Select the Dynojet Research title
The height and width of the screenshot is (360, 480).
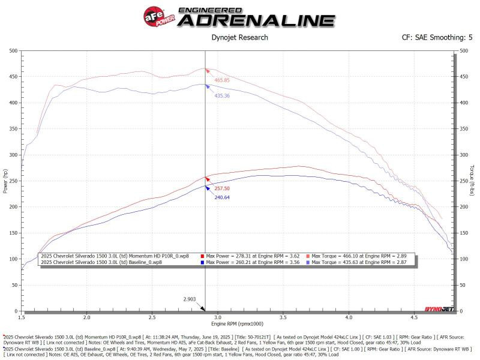pyautogui.click(x=239, y=37)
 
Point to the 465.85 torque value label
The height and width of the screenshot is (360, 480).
pyautogui.click(x=222, y=80)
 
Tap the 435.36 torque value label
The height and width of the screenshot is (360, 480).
pyautogui.click(x=222, y=96)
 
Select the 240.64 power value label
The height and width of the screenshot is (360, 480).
pyautogui.click(x=222, y=197)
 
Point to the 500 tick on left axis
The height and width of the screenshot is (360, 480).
pyautogui.click(x=12, y=50)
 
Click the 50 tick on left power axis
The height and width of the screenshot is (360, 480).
pyautogui.click(x=14, y=285)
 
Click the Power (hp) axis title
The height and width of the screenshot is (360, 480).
pyautogui.click(x=5, y=181)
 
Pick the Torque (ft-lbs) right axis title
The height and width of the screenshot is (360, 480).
pyautogui.click(x=472, y=181)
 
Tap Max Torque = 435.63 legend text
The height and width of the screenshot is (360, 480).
pyautogui.click(x=360, y=263)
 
